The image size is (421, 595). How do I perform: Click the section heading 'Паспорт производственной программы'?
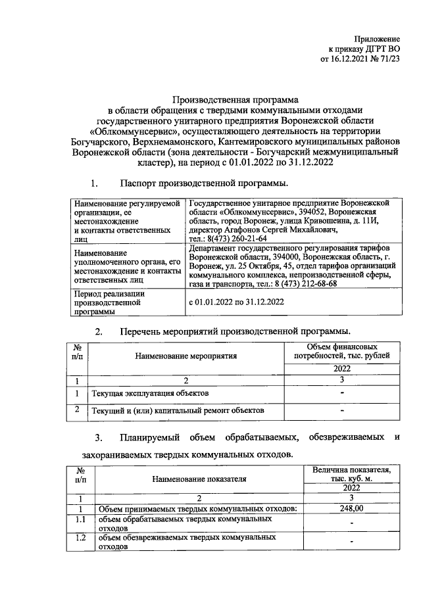203,182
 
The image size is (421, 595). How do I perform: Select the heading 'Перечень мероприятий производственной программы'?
235,330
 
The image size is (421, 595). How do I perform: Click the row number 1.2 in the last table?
80,538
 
